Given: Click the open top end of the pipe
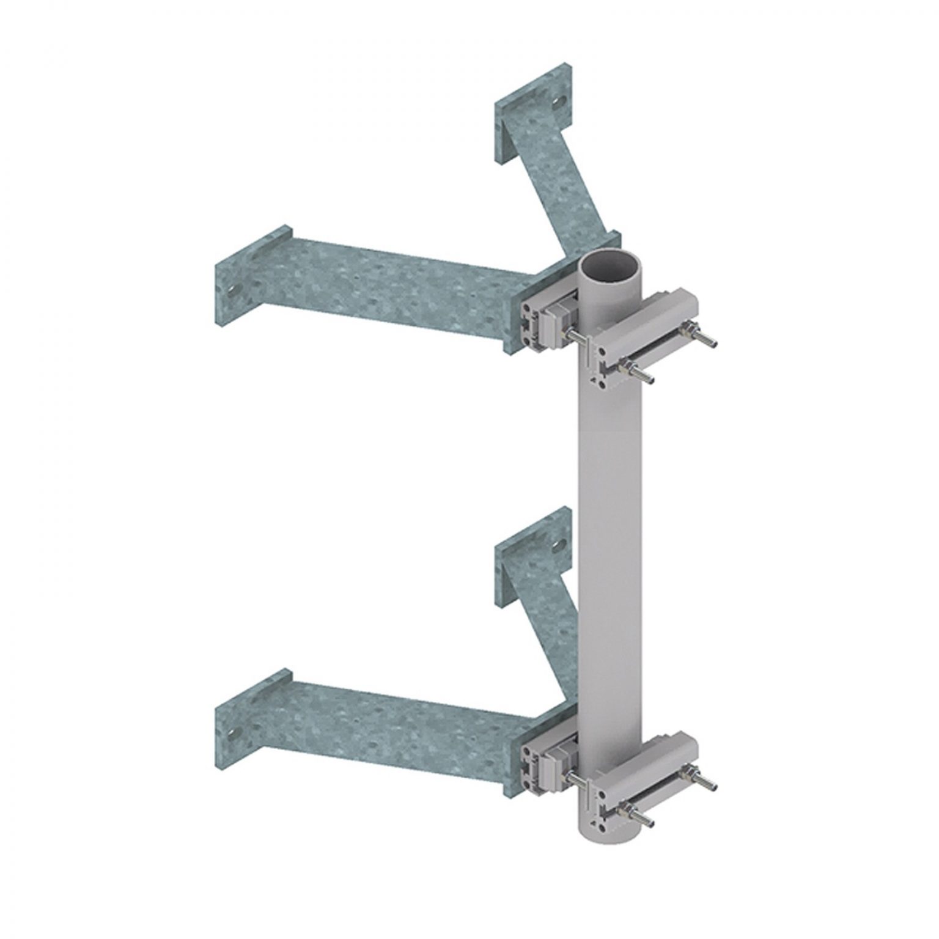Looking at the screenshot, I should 608,267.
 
